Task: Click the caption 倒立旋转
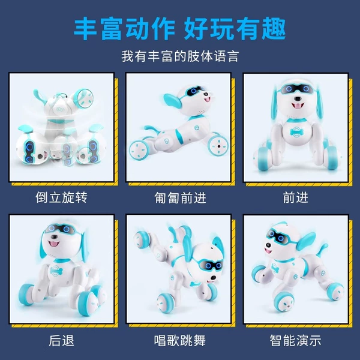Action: pos(62,197)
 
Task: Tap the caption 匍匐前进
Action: pos(180,197)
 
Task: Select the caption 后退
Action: pos(62,340)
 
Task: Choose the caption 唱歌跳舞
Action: pos(180,340)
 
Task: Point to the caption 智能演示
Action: pos(295,340)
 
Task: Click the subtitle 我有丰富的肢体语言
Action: pos(180,56)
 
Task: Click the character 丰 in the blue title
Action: pos(86,29)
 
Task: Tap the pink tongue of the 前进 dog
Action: pos(298,106)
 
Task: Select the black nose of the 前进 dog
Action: pos(298,98)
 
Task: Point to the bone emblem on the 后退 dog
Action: pos(56,270)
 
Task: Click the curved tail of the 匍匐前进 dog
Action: pos(152,130)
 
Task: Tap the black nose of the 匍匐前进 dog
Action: pos(206,94)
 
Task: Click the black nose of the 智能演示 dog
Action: pos(268,245)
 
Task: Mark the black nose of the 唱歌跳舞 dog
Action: pos(213,278)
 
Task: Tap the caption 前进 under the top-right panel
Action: pos(295,197)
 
